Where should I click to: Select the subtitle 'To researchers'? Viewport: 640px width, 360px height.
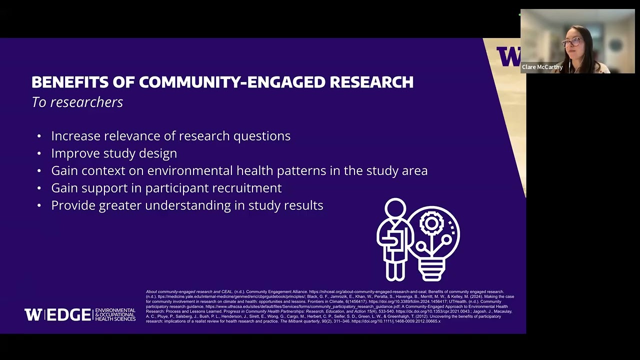[77, 102]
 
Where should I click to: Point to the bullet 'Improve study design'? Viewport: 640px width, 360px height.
[114, 153]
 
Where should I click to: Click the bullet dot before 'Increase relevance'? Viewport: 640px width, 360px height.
[39, 136]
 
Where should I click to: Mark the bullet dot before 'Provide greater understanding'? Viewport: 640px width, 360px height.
[39, 206]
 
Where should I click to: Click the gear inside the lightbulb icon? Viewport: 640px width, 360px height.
[431, 223]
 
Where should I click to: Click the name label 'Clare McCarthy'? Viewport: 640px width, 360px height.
[542, 67]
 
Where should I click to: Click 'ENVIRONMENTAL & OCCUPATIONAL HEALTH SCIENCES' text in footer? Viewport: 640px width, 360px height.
[115, 314]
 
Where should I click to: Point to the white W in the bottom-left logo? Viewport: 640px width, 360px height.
[33, 314]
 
